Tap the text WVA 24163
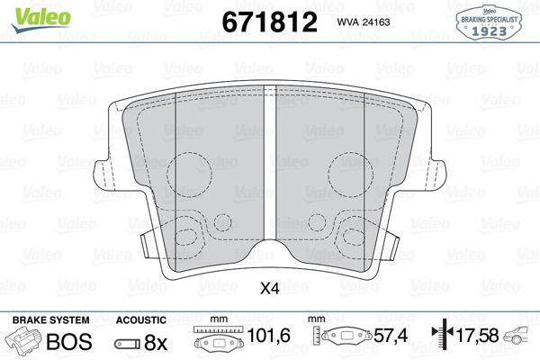[x=363, y=22]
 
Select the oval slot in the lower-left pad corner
[x=188, y=237]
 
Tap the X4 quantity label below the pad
[x=269, y=289]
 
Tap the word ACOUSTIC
[x=141, y=319]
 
